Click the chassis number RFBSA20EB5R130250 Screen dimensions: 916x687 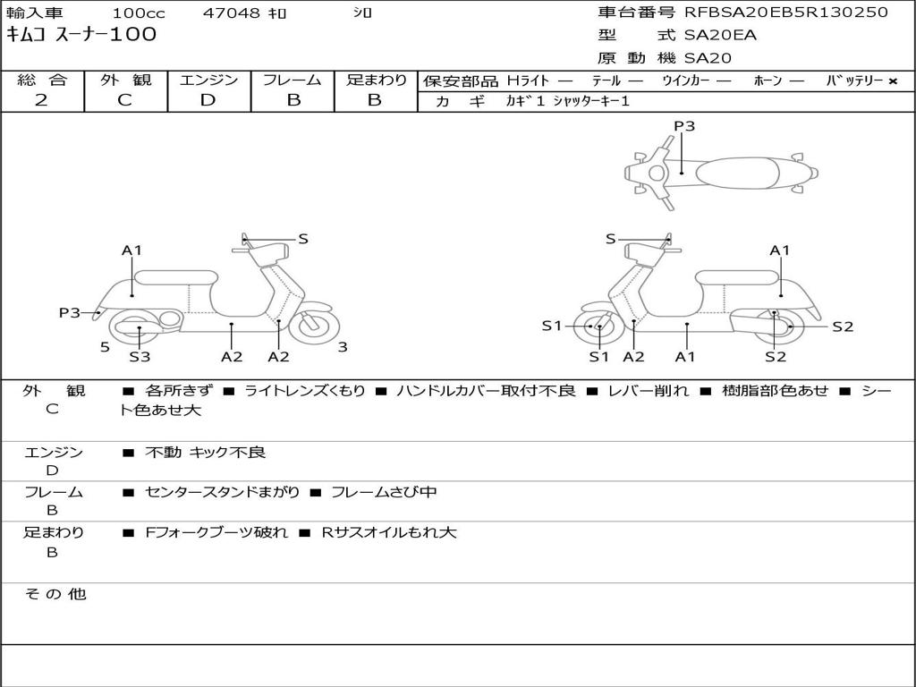(785, 13)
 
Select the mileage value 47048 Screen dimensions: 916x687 (231, 13)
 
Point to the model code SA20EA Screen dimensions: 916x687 (720, 36)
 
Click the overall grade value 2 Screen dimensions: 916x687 (41, 100)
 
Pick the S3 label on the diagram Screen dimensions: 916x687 (140, 357)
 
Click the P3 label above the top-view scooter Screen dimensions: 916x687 (684, 126)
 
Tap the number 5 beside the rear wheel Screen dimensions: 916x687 (105, 347)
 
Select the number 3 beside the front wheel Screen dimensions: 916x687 (343, 347)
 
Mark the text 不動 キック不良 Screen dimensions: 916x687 (206, 453)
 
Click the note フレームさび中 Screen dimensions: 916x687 (384, 492)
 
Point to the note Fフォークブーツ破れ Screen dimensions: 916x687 (216, 532)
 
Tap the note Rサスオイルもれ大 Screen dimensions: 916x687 (389, 532)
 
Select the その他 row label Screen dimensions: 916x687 (55, 594)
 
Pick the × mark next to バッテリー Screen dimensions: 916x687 (892, 81)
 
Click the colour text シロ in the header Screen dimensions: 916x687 (362, 13)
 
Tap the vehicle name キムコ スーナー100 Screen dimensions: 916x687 (81, 35)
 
